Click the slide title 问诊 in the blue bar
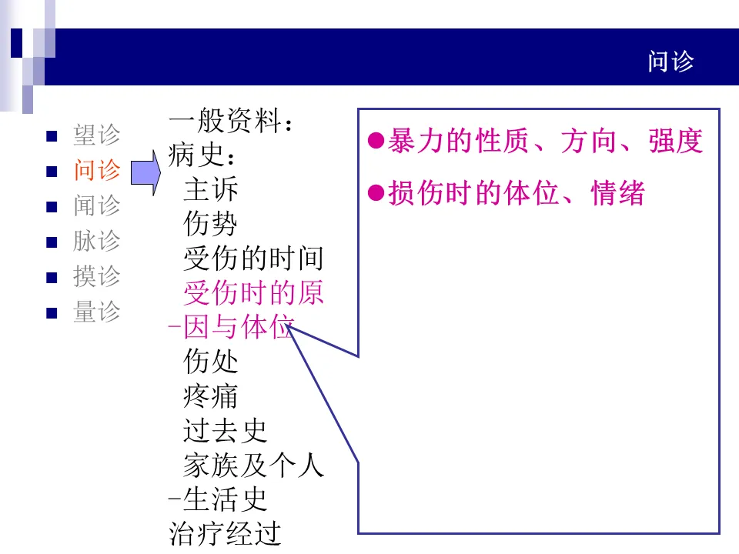tap(670, 62)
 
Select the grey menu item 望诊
tap(97, 135)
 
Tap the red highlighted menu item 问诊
tap(97, 170)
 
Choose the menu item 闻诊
tap(97, 205)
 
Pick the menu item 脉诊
tap(97, 241)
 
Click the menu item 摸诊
tap(97, 276)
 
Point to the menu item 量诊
tap(97, 312)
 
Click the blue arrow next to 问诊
tap(144, 172)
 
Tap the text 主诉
tap(211, 189)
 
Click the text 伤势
tap(211, 224)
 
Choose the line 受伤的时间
tap(253, 259)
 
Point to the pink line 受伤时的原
tap(253, 293)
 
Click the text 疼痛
tap(211, 396)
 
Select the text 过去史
tap(225, 431)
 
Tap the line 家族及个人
tap(253, 465)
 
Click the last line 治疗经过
tap(225, 533)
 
